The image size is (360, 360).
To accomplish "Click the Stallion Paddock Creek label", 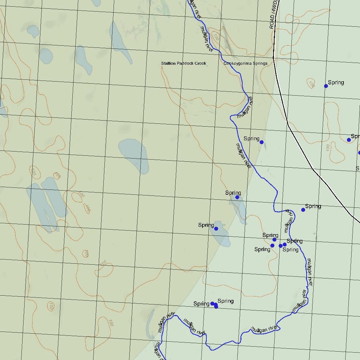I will click(x=184, y=63).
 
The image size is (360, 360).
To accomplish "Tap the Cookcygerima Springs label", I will click(x=245, y=63).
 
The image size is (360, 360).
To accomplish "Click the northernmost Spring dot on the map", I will click(x=326, y=86).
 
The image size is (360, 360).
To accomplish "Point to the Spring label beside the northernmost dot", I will click(x=336, y=82).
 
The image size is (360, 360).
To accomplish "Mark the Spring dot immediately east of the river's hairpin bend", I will click(x=303, y=210).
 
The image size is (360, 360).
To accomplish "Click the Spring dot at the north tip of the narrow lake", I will click(x=237, y=197).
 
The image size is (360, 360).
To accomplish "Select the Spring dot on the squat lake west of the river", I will click(x=216, y=229).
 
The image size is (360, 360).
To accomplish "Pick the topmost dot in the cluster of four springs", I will click(x=274, y=239).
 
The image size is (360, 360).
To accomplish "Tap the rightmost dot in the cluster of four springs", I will click(x=284, y=244).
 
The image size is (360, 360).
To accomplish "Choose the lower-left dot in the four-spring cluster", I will click(x=272, y=245).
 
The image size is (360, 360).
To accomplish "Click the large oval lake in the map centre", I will click(x=134, y=156).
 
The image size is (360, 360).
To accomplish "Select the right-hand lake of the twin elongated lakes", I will click(x=54, y=197).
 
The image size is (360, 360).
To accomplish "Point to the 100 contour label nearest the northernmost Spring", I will click(x=311, y=83).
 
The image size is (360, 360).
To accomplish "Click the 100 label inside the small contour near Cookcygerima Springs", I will click(x=216, y=37).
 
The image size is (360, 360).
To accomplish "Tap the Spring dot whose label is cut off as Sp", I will click(x=349, y=140).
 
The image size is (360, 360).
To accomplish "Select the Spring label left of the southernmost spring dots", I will click(x=201, y=304).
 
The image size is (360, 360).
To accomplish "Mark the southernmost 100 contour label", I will click(x=111, y=323).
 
